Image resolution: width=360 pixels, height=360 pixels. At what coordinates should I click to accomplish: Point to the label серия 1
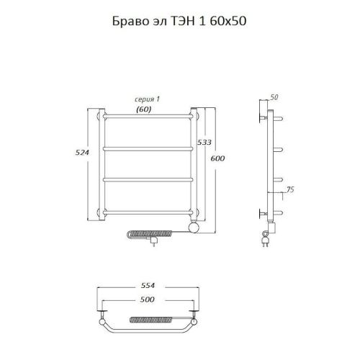147,100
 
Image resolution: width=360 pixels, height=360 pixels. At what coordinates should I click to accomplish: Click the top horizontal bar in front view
148,115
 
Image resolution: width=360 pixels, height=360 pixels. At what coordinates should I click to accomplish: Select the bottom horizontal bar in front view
148,211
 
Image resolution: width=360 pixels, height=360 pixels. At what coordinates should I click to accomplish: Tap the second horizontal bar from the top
148,148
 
